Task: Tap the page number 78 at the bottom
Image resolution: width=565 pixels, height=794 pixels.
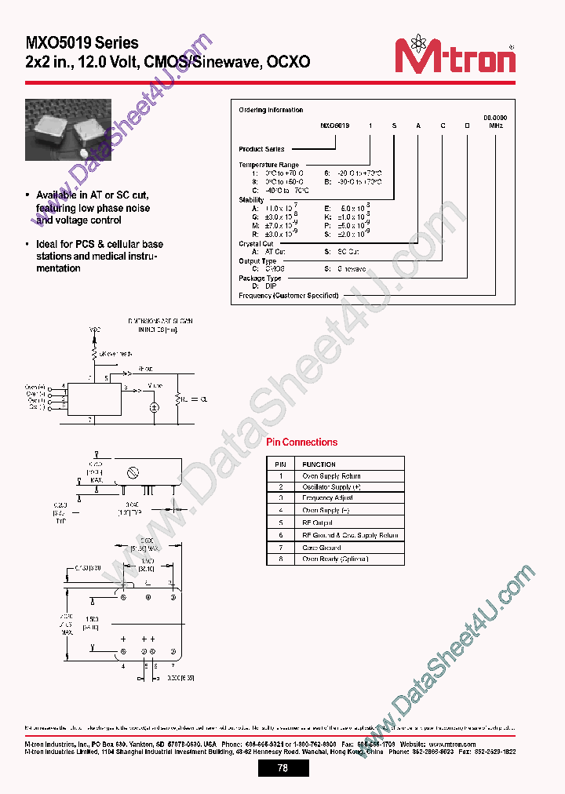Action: pos(282,768)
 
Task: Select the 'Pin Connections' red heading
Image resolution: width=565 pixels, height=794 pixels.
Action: pos(301,443)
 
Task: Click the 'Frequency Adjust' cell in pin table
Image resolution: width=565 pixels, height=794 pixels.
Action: pos(327,498)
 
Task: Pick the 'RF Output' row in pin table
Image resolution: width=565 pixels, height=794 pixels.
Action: pos(318,522)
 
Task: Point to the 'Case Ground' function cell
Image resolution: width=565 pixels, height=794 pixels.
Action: pos(322,548)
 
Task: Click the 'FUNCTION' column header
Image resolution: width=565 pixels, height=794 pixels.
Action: pos(319,464)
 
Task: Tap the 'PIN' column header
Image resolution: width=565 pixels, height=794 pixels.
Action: pos(280,464)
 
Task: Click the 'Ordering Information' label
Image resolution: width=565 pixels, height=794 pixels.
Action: pos(271,110)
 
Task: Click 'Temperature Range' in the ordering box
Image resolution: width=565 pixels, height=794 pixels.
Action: pos(268,165)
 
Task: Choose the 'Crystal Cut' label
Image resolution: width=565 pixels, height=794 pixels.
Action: pos(256,244)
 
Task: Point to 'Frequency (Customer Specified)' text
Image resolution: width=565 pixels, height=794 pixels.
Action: pos(288,296)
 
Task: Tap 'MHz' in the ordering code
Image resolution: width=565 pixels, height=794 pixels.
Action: pos(495,125)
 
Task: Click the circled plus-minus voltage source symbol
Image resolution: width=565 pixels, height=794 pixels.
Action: pos(155,407)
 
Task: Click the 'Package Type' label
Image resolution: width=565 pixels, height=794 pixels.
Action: pos(260,279)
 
